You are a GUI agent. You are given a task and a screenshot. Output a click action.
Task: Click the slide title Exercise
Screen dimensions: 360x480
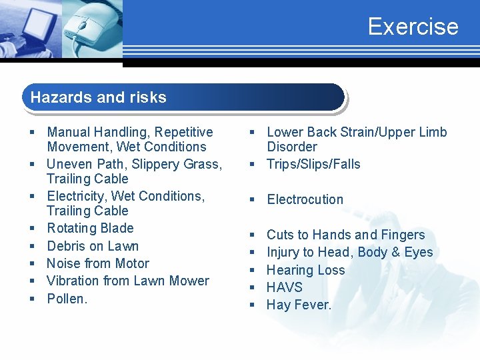pos(413,27)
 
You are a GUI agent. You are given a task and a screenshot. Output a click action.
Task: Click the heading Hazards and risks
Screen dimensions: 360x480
pos(98,97)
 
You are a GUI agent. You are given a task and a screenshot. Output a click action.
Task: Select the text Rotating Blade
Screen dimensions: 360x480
pos(90,228)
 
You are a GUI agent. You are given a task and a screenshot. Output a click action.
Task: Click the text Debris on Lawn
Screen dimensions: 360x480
pos(93,246)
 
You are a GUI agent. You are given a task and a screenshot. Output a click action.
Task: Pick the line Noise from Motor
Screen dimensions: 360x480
pos(98,263)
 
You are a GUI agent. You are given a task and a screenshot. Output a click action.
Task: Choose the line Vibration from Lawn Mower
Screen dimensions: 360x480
pos(128,281)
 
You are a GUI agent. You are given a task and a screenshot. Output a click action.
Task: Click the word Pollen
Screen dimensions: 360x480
pos(67,299)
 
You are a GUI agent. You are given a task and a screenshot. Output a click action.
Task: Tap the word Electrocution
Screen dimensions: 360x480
pos(305,199)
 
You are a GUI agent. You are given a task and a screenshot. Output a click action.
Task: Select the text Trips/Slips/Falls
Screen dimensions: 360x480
pos(313,164)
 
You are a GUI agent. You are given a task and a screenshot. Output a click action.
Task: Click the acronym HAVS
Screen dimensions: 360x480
pos(284,287)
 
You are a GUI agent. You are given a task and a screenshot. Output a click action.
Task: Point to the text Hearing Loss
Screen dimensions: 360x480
pos(305,270)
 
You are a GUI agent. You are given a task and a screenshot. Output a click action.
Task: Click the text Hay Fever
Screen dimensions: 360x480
pos(299,305)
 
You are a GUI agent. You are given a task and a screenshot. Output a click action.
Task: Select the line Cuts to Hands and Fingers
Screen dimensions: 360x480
pos(345,235)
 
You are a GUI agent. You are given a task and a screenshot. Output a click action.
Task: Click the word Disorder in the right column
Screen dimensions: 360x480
pos(292,147)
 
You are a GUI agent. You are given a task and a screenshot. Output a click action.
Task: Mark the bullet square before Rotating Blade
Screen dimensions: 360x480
pos(31,229)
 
